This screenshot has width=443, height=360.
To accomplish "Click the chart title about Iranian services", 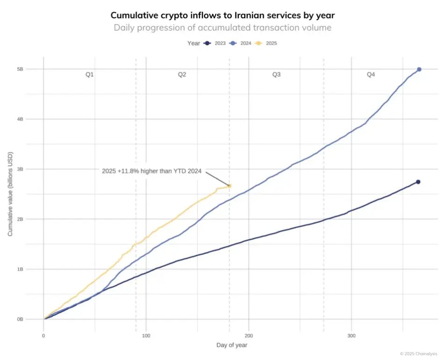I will [x=222, y=15].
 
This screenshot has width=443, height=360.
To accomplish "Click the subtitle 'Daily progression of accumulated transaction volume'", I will [x=222, y=28].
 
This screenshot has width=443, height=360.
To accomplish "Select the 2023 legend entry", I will [x=216, y=43].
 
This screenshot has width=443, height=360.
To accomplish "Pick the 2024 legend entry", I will [x=241, y=43].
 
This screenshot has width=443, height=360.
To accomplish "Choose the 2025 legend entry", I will [x=267, y=43].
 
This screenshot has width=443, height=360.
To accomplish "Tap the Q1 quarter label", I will [x=90, y=74].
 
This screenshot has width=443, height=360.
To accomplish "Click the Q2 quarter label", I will [x=182, y=74].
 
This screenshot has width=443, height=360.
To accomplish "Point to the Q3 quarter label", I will [x=277, y=74].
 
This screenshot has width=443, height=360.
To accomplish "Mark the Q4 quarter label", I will [x=371, y=74].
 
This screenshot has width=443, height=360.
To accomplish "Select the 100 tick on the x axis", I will [x=146, y=336].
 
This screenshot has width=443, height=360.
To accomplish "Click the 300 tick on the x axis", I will [x=351, y=336].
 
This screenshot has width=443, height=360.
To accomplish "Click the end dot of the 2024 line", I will [x=419, y=69].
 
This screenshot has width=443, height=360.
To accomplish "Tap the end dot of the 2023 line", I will [x=418, y=182].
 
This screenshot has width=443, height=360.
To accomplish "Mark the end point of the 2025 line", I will [x=229, y=186].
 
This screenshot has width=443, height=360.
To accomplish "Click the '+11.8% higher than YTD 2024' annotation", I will [x=152, y=171].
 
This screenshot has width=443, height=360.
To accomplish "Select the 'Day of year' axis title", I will [x=232, y=345].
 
